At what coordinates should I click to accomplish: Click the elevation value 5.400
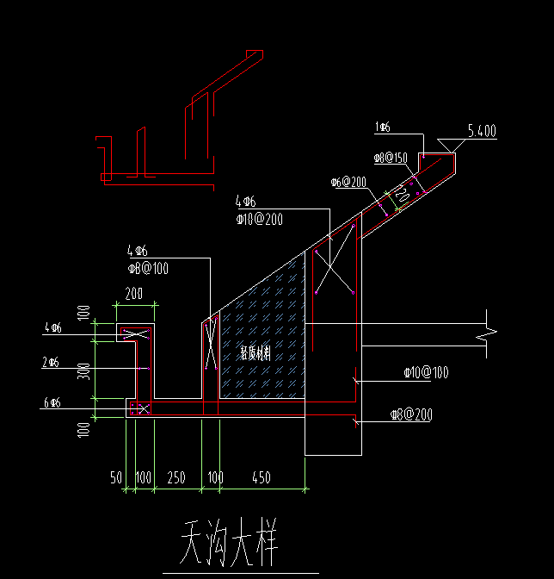pos(482,131)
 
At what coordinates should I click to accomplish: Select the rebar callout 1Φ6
pos(384,128)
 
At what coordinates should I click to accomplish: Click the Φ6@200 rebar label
pos(348,183)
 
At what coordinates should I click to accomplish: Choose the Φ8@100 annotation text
pos(147,268)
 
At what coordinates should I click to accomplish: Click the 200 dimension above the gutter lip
pos(134,294)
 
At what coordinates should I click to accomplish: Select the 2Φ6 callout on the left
pos(52,363)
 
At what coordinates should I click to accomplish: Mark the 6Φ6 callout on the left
pos(52,402)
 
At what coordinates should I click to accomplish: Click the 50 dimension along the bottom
pos(115,477)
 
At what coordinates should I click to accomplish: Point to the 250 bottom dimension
pos(176,477)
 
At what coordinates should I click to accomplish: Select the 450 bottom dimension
pos(262,477)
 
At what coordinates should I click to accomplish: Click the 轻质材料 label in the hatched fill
pos(255,353)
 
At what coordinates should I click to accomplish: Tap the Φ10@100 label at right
pos(425,373)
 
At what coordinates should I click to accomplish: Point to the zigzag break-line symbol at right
pos(489,331)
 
